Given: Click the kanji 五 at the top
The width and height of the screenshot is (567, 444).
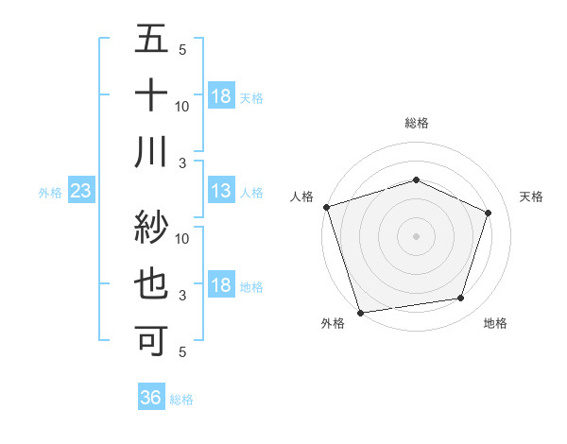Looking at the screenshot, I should point(151,41).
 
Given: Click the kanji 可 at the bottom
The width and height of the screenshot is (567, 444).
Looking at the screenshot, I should point(151,339).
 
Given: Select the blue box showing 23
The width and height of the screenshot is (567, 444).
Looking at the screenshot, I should point(81,192).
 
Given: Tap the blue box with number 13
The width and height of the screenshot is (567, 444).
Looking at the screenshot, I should point(221,192).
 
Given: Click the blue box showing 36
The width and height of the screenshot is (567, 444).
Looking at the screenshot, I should point(151,399).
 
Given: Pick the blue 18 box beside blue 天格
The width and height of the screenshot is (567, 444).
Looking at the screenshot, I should point(221,96).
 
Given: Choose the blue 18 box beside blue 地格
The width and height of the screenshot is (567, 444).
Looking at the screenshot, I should point(221,286).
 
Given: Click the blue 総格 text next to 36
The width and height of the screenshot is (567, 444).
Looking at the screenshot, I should point(181,400).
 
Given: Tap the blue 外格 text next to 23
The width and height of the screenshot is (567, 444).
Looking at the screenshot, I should point(50,193).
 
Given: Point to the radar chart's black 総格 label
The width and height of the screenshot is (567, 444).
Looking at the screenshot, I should point(417,123).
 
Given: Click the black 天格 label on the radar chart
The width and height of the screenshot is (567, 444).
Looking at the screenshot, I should point(531,196).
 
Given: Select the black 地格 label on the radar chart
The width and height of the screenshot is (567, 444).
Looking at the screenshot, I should point(495,323).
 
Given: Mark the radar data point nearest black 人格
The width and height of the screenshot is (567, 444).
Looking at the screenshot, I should point(326,207).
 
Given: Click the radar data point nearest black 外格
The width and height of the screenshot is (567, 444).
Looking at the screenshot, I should point(361,312).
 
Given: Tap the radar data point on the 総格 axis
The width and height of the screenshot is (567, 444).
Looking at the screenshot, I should point(417,179).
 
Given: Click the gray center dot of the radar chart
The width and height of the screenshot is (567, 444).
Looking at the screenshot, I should point(417,235).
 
